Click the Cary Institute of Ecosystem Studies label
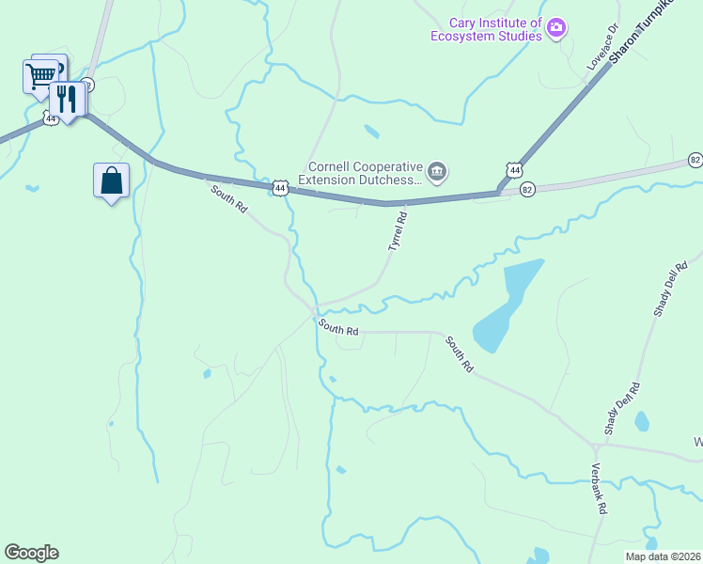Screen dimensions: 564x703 [x=486, y=29]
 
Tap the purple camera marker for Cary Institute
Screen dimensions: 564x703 [x=556, y=29]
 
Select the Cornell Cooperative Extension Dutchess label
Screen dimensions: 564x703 [x=360, y=171]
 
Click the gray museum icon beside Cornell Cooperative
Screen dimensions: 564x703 [x=436, y=171]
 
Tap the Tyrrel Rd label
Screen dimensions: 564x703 [x=398, y=230]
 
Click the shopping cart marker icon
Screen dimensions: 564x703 [x=40, y=75]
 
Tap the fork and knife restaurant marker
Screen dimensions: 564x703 [x=67, y=98]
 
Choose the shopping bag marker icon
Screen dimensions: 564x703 [x=111, y=180]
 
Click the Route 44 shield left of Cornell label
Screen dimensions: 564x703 [x=280, y=188]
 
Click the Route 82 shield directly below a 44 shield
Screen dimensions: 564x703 [x=527, y=189]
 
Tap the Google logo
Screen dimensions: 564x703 [x=31, y=553]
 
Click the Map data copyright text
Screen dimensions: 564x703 [x=663, y=556]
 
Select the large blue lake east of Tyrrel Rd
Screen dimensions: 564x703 [x=508, y=305]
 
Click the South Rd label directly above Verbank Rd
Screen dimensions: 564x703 [x=461, y=353]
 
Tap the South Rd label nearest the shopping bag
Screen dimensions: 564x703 [x=228, y=198]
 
